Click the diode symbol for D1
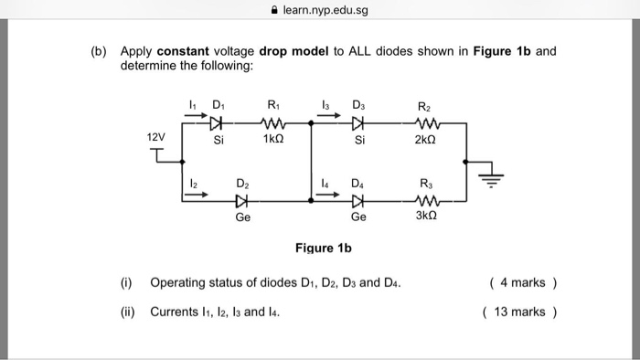[x=217, y=122]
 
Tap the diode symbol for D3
[x=358, y=122]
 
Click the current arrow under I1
[x=193, y=116]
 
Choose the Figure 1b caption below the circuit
[x=324, y=248]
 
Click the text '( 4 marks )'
[x=523, y=282]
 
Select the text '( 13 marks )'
[x=519, y=312]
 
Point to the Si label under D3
[x=358, y=141]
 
